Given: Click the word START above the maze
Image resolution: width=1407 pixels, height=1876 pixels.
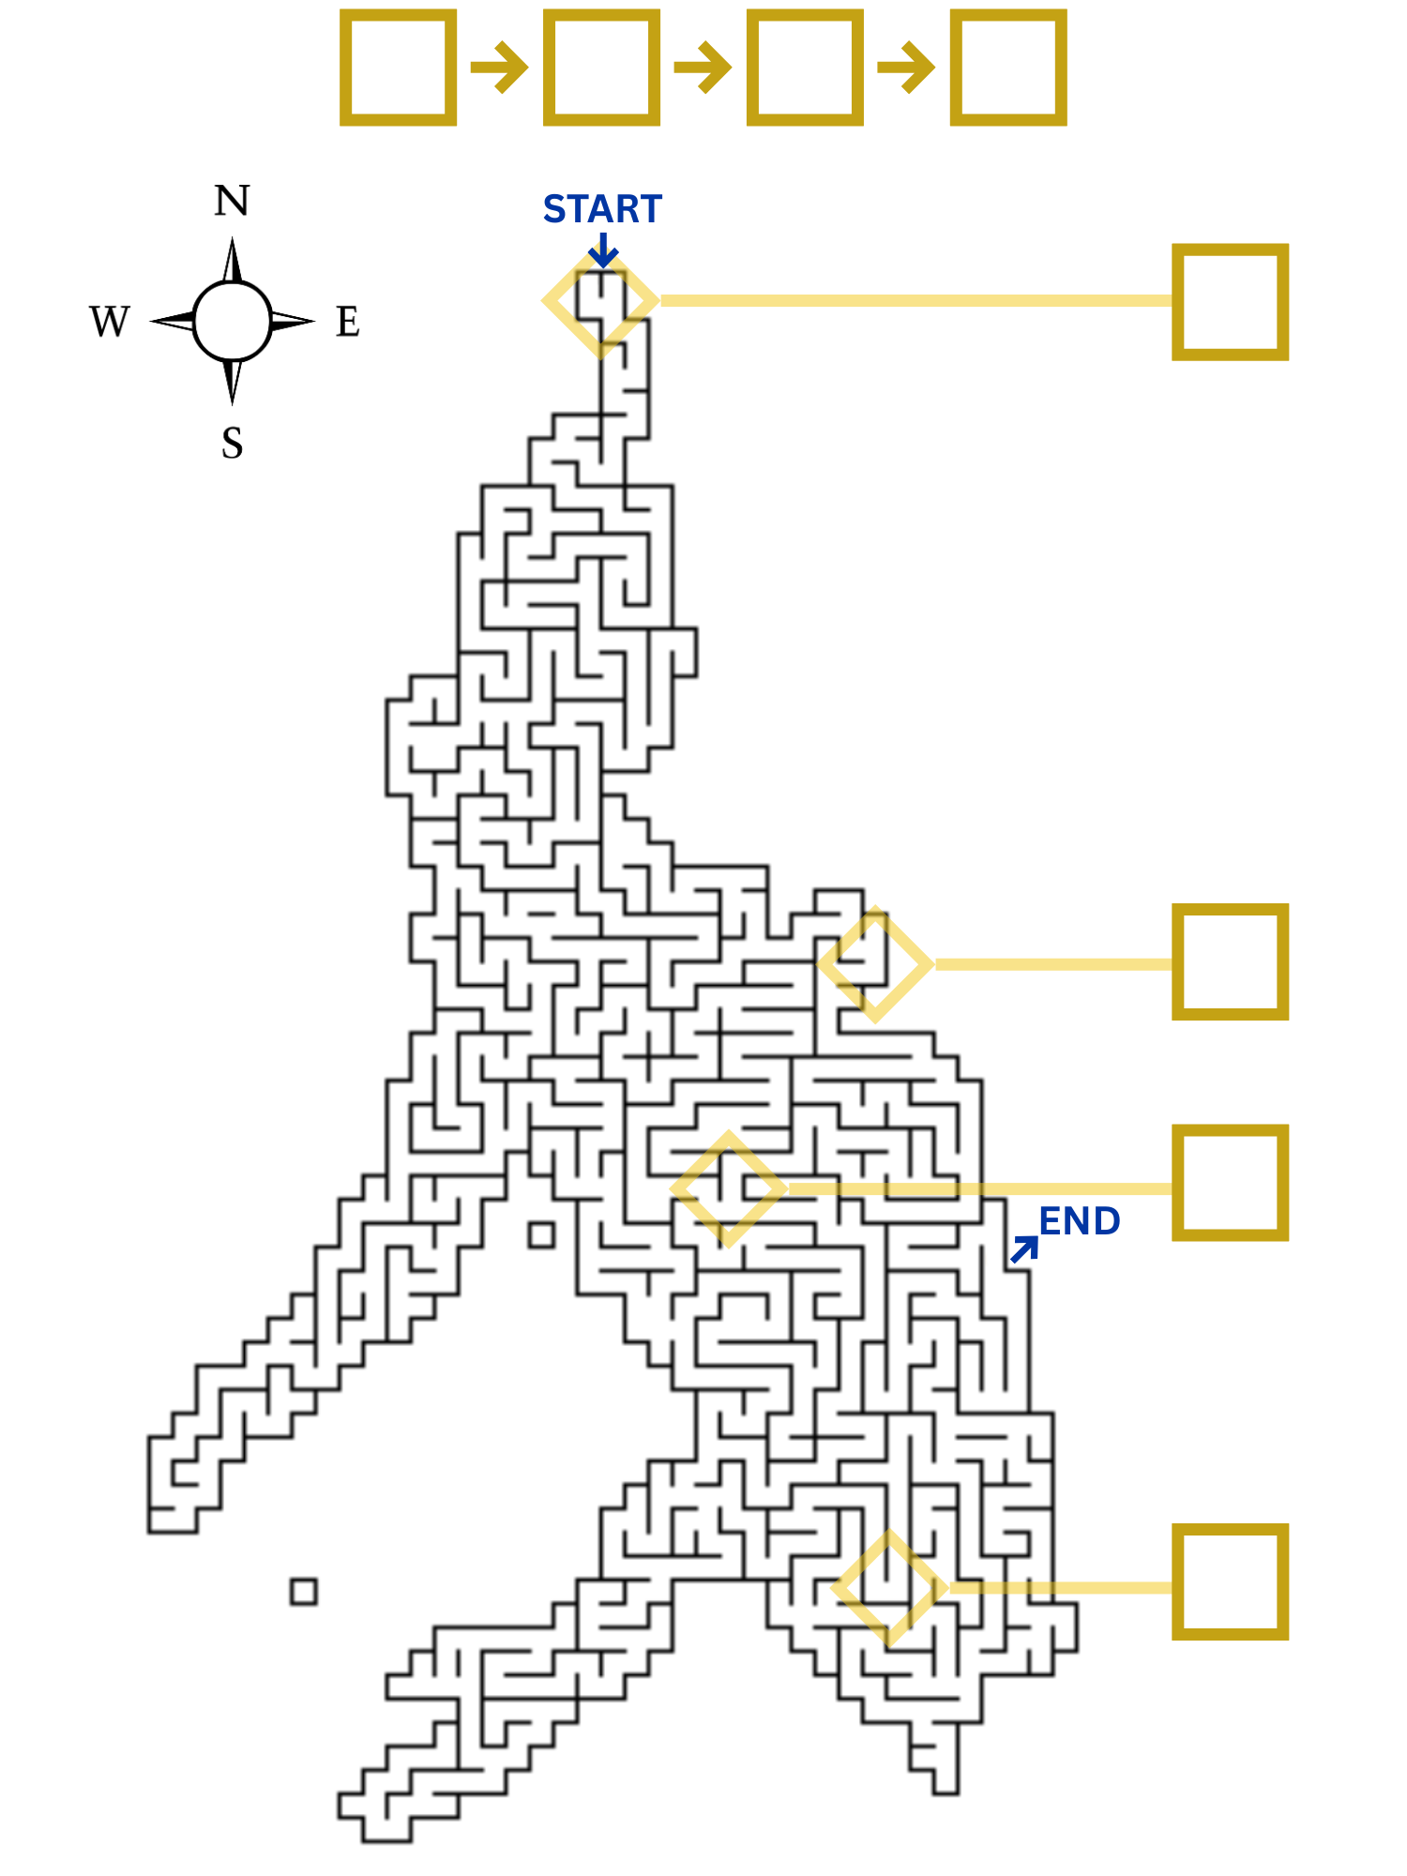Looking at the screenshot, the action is pyautogui.click(x=602, y=209).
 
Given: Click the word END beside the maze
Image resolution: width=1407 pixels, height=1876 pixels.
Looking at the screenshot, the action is pyautogui.click(x=1080, y=1221).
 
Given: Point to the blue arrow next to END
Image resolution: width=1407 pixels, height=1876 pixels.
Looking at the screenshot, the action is pyautogui.click(x=1024, y=1249).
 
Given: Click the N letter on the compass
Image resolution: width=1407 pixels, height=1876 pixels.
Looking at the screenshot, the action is pyautogui.click(x=233, y=201).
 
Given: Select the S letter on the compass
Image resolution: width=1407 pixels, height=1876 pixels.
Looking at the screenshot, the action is pyautogui.click(x=233, y=443).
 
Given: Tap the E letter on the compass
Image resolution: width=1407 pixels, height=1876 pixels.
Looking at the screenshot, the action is pyautogui.click(x=348, y=322).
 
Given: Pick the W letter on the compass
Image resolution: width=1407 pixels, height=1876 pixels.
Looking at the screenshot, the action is pyautogui.click(x=110, y=322).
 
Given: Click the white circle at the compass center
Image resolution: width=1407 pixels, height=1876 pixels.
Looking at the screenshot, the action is pyautogui.click(x=233, y=322).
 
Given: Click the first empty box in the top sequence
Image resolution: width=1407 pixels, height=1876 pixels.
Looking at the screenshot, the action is pyautogui.click(x=398, y=67).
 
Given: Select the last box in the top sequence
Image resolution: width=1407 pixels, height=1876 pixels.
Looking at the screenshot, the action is pyautogui.click(x=1008, y=67).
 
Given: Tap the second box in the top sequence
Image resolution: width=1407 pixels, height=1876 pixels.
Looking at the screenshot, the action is pyautogui.click(x=601, y=67).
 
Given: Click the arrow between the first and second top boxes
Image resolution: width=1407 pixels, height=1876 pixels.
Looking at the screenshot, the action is pyautogui.click(x=500, y=68).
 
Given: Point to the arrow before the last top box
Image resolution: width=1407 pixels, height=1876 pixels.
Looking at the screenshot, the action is pyautogui.click(x=907, y=68).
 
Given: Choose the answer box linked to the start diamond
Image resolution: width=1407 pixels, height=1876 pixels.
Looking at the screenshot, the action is pyautogui.click(x=1230, y=302).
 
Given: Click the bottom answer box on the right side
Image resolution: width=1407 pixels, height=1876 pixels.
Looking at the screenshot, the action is pyautogui.click(x=1230, y=1581).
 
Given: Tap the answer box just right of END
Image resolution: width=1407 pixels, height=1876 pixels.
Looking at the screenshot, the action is pyautogui.click(x=1230, y=1182).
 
